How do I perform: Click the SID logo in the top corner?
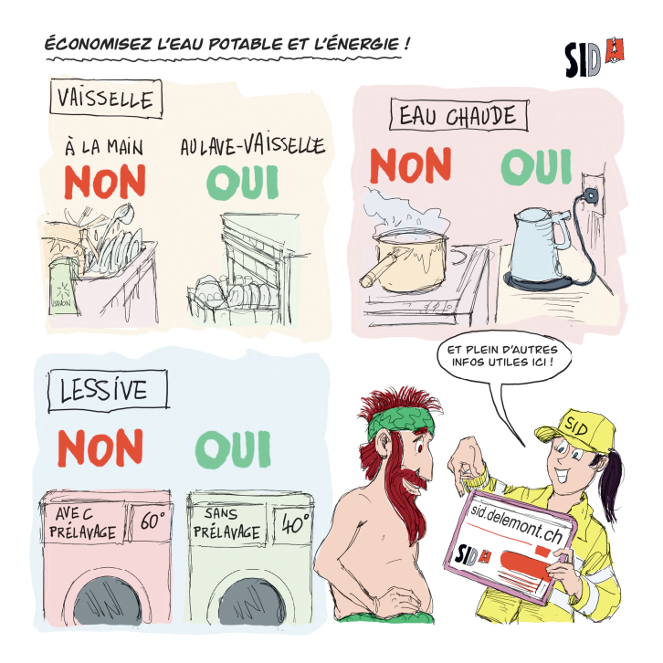(595, 58)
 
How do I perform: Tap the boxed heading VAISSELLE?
(106, 99)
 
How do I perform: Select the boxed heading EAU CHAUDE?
(458, 115)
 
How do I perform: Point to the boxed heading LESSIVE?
(108, 390)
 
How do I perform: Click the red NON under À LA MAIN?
(105, 182)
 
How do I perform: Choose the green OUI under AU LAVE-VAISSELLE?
(242, 183)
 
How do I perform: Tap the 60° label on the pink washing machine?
(151, 521)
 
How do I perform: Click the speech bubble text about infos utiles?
(502, 356)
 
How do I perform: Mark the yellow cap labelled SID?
(575, 428)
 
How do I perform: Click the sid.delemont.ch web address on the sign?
(517, 523)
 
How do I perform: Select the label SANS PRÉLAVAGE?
(226, 524)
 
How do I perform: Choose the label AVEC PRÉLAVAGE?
(82, 523)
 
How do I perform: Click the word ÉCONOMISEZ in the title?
(98, 44)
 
